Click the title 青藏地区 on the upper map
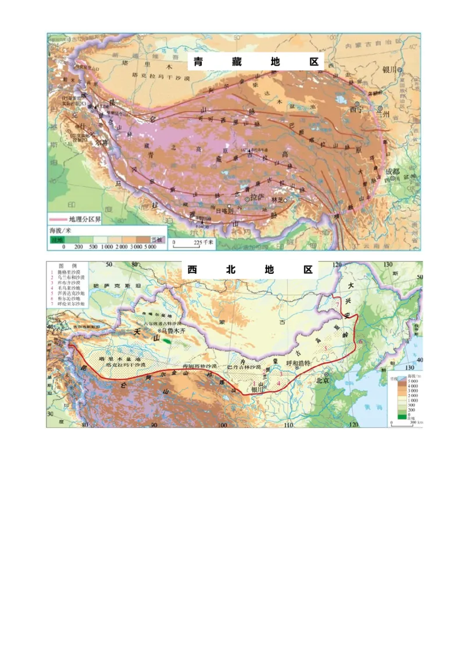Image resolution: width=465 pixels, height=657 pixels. click(256, 62)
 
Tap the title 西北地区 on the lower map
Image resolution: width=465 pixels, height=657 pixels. click(250, 270)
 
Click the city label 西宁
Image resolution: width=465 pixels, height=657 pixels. click(356, 109)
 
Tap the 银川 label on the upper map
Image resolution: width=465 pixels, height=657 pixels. click(390, 69)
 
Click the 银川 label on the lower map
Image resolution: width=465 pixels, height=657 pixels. click(257, 390)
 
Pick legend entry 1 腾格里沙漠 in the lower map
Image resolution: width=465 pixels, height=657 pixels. click(72, 272)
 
